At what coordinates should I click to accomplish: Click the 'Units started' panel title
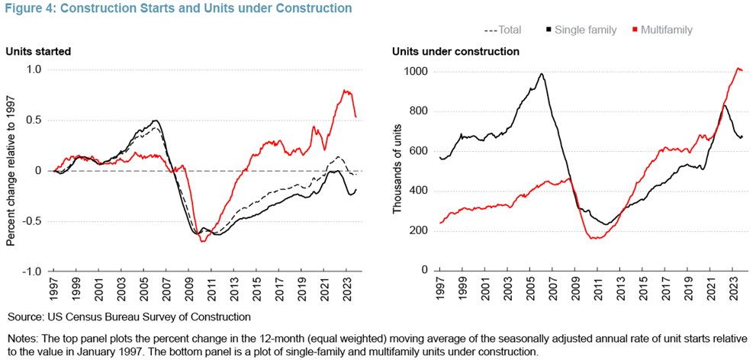[x=39, y=52]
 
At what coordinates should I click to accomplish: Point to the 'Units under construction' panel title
[x=455, y=52]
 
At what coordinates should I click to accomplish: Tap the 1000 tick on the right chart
[x=415, y=72]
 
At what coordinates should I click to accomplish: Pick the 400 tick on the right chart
[x=418, y=191]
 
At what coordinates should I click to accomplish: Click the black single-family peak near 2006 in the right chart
[x=541, y=74]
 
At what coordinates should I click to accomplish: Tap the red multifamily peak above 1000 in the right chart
[x=738, y=69]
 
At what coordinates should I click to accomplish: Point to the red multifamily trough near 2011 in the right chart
[x=597, y=239]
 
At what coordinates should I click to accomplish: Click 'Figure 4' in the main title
[x=27, y=9]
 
